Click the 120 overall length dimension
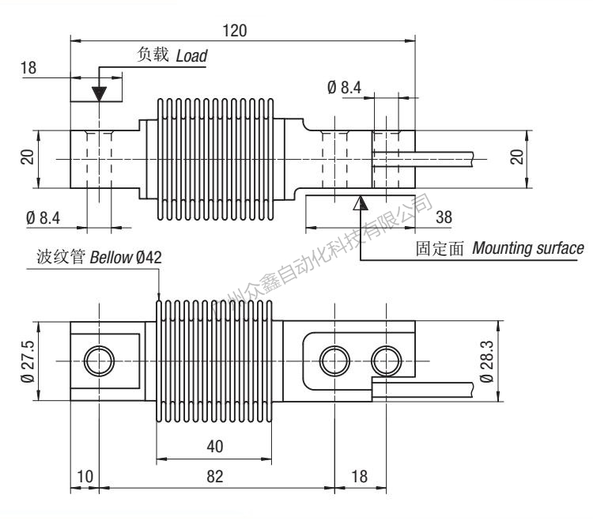click(235, 30)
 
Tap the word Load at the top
click(191, 57)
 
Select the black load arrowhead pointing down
click(98, 92)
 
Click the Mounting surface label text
click(528, 248)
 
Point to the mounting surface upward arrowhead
click(361, 202)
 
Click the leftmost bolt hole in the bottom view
click(99, 361)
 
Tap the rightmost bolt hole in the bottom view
click(387, 361)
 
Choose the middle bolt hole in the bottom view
click(332, 361)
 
